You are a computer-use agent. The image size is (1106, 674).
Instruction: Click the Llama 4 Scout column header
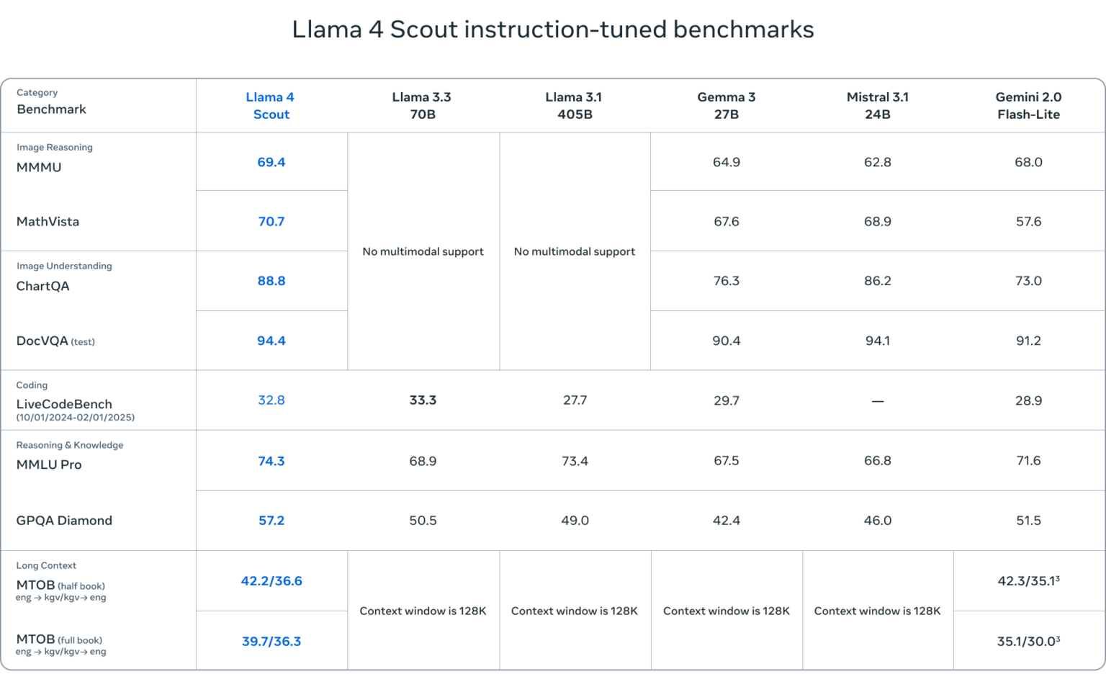tap(271, 106)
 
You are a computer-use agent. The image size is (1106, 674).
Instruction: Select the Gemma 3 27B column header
tap(726, 106)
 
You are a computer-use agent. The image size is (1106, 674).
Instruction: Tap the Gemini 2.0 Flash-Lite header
tap(1028, 106)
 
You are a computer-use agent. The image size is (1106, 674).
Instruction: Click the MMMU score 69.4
tap(271, 163)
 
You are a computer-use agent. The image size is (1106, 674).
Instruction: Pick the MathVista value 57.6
tap(1028, 222)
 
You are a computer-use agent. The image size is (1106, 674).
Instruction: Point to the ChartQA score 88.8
tap(271, 281)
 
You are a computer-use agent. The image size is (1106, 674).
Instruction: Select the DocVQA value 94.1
tap(878, 341)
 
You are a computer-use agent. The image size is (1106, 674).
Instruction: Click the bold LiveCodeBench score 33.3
tap(423, 400)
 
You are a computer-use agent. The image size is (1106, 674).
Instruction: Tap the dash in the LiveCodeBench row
tap(878, 401)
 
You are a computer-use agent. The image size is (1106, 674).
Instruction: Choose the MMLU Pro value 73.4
tap(575, 461)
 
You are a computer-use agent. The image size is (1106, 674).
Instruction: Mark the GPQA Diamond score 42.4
tap(726, 521)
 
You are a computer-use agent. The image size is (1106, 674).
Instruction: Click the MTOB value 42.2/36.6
tap(271, 581)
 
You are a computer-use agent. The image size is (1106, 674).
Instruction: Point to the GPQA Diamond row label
tap(64, 521)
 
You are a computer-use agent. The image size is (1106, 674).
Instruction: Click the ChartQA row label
tap(43, 286)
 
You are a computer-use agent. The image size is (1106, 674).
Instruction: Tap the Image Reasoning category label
tap(55, 148)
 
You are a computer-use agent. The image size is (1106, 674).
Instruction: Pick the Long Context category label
tap(46, 566)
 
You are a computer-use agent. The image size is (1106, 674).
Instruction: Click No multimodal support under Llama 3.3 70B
tap(423, 251)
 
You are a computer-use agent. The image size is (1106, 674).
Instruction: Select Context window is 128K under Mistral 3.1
tap(877, 611)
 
